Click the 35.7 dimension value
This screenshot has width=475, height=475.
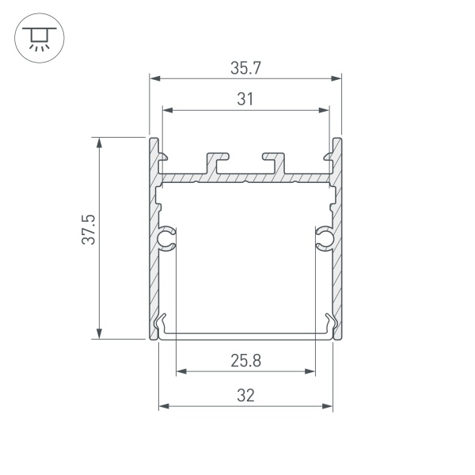[245, 69]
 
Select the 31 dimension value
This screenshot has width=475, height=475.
[245, 100]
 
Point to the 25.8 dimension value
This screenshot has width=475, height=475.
[245, 361]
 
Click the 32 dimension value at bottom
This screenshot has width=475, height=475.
[245, 396]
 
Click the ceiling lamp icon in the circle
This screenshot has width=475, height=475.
[36, 36]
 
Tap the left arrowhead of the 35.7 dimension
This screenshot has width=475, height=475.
[154, 78]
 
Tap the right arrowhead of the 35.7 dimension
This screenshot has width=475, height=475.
[336, 78]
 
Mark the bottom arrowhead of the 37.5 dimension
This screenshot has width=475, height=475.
[99, 334]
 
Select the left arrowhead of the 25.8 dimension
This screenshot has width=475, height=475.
[180, 370]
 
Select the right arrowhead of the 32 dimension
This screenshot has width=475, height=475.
[327, 406]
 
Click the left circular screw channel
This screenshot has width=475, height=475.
[166, 237]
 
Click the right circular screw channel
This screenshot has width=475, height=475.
[325, 237]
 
